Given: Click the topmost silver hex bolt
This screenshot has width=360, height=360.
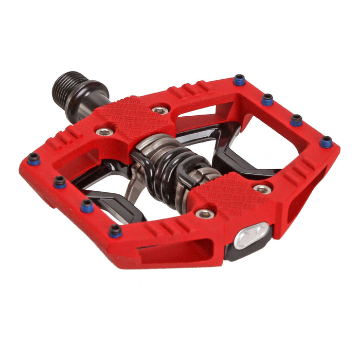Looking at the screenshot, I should click(x=160, y=110).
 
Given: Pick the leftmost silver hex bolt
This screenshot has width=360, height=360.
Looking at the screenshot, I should click(x=104, y=132).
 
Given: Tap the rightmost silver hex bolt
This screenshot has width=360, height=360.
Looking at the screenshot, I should click(x=262, y=189).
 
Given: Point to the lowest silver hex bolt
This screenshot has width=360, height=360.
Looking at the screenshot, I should click(x=206, y=213).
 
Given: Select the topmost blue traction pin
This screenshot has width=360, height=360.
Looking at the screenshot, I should click(x=239, y=79).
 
